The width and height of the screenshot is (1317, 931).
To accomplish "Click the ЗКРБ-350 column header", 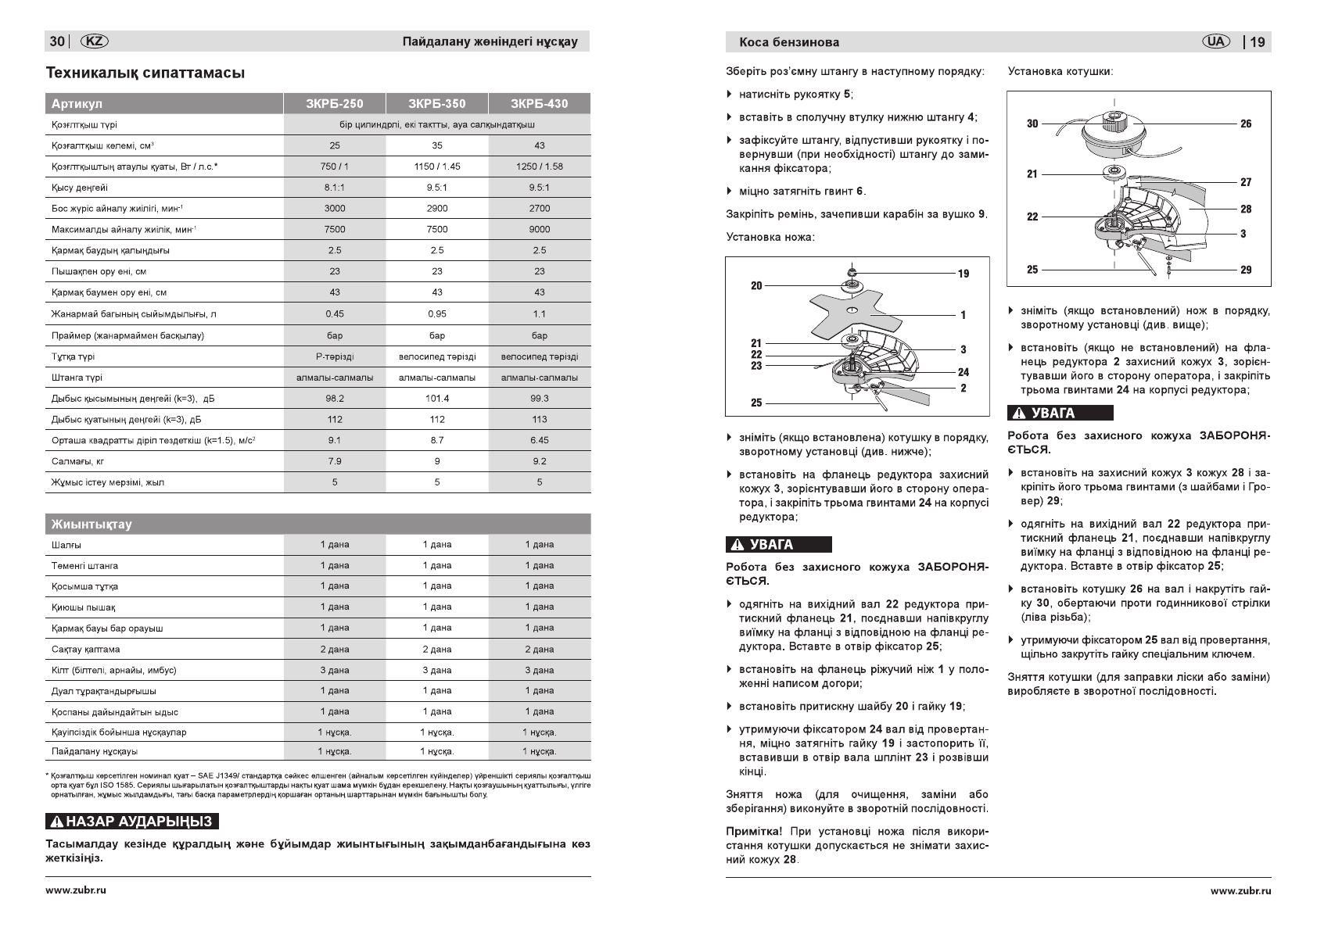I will click(436, 103).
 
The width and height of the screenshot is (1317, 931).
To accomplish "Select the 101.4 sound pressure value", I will click(436, 399).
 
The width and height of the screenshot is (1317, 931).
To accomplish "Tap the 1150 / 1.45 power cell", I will click(436, 167).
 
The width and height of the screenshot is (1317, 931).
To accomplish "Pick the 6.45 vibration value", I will click(539, 440).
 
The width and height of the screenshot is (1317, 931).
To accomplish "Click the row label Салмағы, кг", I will click(77, 461).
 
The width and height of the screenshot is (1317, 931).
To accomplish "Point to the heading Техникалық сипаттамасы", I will click(145, 73).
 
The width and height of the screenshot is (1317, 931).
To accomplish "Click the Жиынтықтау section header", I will click(92, 524).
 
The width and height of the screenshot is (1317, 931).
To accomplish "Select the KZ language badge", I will click(95, 41).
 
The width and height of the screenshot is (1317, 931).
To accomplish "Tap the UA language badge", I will click(1215, 41).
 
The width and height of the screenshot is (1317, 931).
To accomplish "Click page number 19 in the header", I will click(1257, 42).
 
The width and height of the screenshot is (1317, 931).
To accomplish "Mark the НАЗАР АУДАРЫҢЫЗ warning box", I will click(132, 822).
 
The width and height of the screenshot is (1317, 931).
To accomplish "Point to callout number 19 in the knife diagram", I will click(963, 274).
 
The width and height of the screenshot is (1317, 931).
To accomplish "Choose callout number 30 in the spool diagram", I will click(1032, 124).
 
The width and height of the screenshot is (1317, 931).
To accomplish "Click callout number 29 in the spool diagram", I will click(1246, 270).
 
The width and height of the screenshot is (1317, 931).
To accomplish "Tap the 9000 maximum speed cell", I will click(539, 230).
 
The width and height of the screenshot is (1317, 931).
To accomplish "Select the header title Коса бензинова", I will click(783, 42).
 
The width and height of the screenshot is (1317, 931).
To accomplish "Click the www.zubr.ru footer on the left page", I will click(76, 890).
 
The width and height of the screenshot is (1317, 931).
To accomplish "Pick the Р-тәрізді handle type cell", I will click(334, 356).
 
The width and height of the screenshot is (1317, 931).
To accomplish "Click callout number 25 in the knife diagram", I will click(756, 403).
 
